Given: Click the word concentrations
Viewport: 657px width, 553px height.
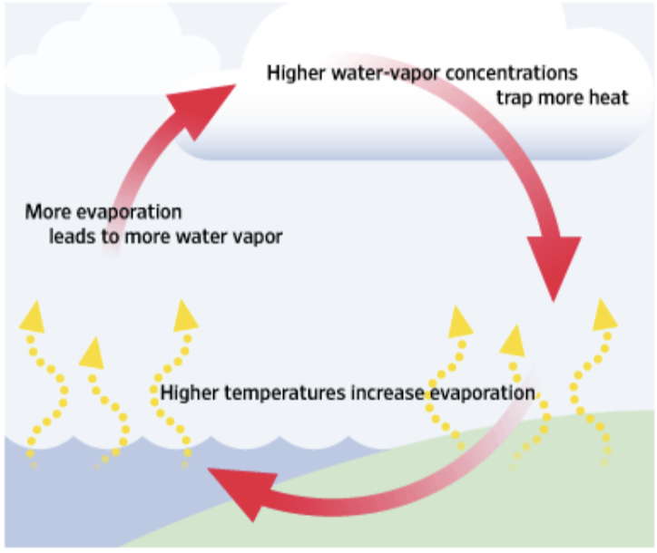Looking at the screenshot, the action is pyautogui.click(x=512, y=73).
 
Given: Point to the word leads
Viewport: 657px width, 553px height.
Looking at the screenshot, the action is pyautogui.click(x=73, y=237).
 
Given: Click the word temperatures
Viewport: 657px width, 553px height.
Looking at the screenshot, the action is pyautogui.click(x=285, y=393).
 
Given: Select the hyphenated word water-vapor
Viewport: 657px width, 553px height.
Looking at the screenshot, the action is pyautogui.click(x=386, y=73).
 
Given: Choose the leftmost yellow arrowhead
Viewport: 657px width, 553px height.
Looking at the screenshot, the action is pyautogui.click(x=33, y=317).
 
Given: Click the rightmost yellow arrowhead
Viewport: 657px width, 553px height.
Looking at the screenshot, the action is pyautogui.click(x=604, y=315).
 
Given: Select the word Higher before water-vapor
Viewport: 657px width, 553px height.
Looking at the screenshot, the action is pyautogui.click(x=296, y=73).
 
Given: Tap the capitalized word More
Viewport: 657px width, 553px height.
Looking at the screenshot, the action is pyautogui.click(x=48, y=212).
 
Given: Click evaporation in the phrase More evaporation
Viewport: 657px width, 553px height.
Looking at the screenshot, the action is pyautogui.click(x=130, y=212).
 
